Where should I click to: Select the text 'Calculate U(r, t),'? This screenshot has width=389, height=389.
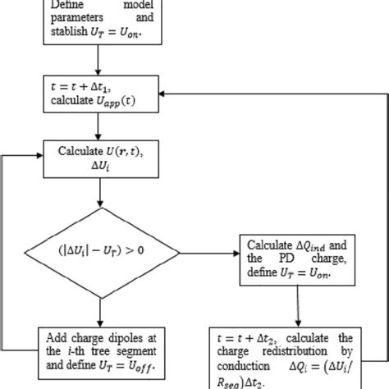(98, 151)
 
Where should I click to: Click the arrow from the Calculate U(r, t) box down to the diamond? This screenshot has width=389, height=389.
(99, 194)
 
